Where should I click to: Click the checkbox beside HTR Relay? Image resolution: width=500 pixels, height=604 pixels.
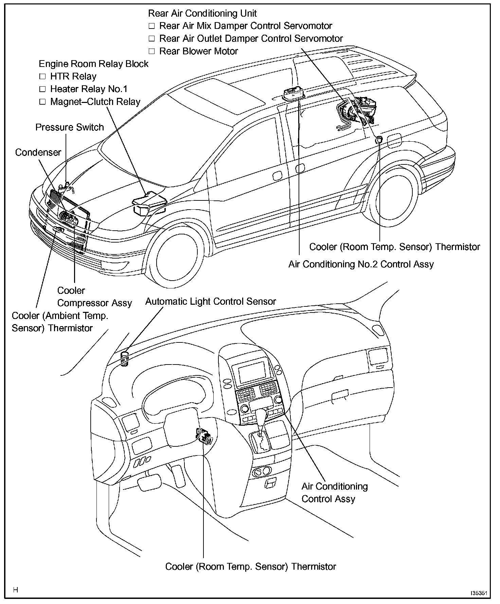[x=42, y=76]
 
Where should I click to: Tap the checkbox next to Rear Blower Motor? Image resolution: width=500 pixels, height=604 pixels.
[x=151, y=51]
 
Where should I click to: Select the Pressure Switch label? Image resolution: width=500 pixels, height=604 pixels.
[x=69, y=127]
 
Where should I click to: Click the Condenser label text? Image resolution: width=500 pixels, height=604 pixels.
[x=38, y=153]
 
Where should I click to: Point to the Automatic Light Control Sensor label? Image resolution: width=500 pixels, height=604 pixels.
[x=211, y=301]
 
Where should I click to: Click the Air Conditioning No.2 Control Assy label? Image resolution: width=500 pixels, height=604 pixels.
[x=361, y=264]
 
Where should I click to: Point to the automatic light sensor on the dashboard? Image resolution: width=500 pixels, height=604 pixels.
[x=125, y=358]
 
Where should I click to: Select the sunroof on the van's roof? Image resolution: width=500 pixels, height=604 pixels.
[x=224, y=96]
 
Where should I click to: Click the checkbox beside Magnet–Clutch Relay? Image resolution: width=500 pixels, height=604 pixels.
[x=42, y=102]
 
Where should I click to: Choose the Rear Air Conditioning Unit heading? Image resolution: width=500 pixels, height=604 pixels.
[x=202, y=14]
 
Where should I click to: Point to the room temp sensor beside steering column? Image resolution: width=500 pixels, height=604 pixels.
[x=203, y=436]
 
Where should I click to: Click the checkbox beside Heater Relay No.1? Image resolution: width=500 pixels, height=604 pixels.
[x=42, y=89]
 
